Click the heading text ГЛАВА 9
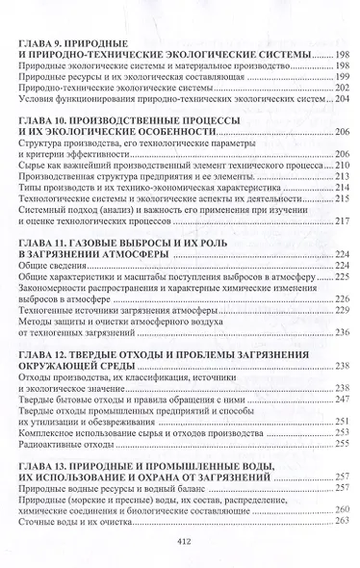[41, 41]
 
